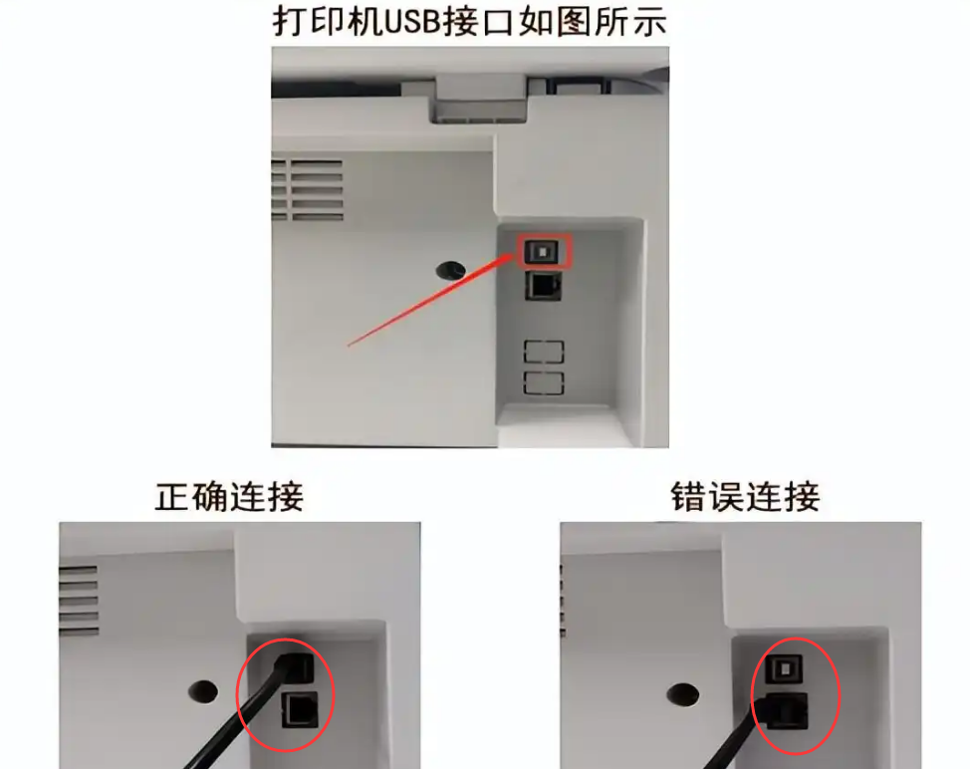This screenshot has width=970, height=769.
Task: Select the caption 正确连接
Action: tap(229, 495)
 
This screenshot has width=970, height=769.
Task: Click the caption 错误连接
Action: tap(745, 495)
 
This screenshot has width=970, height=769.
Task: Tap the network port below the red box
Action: tap(543, 287)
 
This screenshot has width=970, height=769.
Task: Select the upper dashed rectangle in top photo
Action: tap(544, 352)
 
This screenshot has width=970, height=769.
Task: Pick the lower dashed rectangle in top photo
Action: tap(544, 383)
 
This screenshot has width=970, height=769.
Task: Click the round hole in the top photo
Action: tap(451, 269)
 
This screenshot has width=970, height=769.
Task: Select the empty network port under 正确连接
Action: tap(300, 708)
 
